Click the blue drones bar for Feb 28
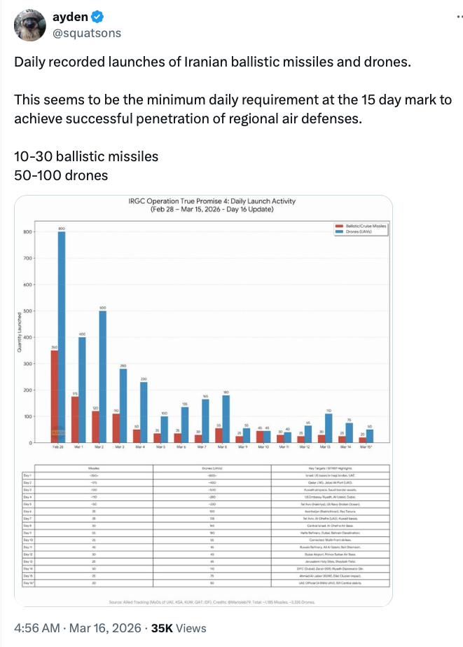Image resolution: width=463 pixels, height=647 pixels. click(x=61, y=336)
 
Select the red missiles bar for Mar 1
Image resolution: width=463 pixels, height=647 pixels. click(x=75, y=419)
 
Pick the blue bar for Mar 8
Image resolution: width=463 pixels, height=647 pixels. click(x=226, y=418)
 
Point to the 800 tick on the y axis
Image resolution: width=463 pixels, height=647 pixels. click(x=28, y=232)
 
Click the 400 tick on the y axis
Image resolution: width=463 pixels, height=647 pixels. click(x=28, y=338)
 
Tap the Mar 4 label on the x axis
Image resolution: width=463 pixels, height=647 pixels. click(x=140, y=447)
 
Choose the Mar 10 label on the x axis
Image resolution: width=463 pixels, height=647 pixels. click(x=263, y=447)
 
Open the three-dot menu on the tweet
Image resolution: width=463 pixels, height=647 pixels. click(x=443, y=20)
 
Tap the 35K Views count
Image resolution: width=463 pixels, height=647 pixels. click(x=179, y=627)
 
